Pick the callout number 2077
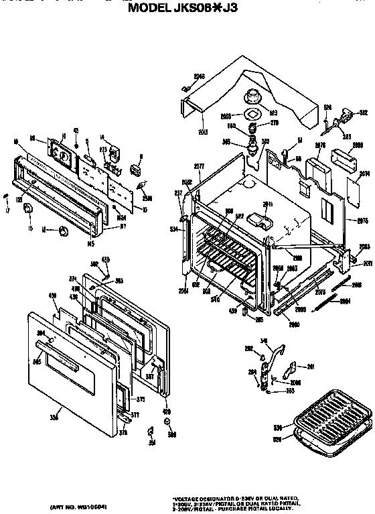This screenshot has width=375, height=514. click(x=199, y=166)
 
